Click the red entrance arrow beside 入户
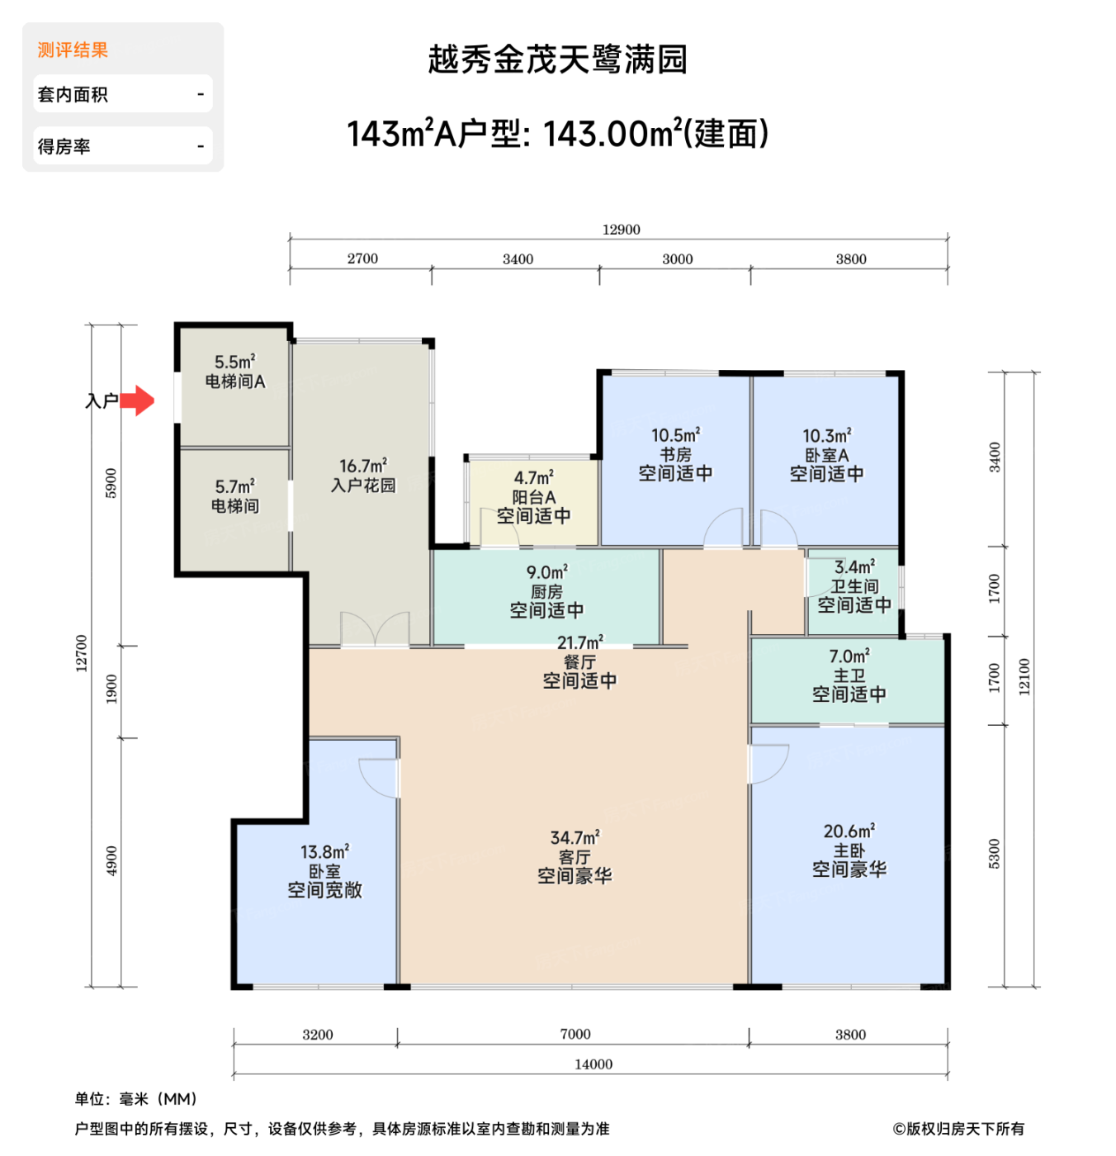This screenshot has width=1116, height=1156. [139, 400]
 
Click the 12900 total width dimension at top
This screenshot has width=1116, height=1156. [621, 230]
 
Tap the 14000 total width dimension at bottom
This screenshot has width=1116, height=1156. [593, 1064]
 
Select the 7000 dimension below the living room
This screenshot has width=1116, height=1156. [575, 1035]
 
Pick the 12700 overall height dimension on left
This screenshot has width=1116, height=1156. [81, 653]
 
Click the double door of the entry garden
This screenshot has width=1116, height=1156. [376, 631]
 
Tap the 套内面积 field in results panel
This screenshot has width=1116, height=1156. [122, 94]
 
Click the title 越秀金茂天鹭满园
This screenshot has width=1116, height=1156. [557, 59]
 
